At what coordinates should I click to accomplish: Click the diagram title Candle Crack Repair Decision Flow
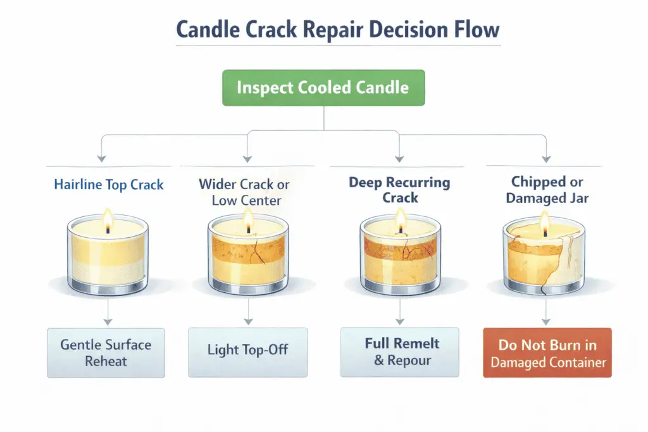pos(323,29)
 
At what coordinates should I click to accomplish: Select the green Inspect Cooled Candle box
pos(323,87)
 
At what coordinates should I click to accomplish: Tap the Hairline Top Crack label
pos(109,185)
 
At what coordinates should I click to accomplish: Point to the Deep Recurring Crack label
pos(399,190)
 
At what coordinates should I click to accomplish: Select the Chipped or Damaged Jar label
pos(547,190)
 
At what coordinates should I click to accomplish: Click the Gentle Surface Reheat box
pos(106,353)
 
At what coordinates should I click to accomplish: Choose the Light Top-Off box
pos(248,350)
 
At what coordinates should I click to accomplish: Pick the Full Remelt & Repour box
pos(399,352)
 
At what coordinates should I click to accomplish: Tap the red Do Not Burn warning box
pos(547,353)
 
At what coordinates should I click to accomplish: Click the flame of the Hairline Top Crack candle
pos(108,221)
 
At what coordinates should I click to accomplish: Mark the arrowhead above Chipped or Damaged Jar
pos(545,158)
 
